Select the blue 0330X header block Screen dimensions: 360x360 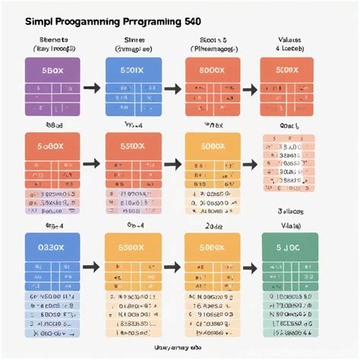pyautogui.click(x=51, y=247)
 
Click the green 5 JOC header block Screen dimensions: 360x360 pyautogui.click(x=286, y=247)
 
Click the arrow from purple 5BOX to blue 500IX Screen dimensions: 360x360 pyautogui.click(x=91, y=89)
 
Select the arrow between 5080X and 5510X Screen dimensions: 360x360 pyautogui.click(x=91, y=163)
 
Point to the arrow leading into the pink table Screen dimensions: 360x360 pyautogui.click(x=249, y=163)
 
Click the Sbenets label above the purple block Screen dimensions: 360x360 pyautogui.click(x=51, y=39)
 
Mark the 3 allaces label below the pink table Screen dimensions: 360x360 pyautogui.click(x=289, y=215)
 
